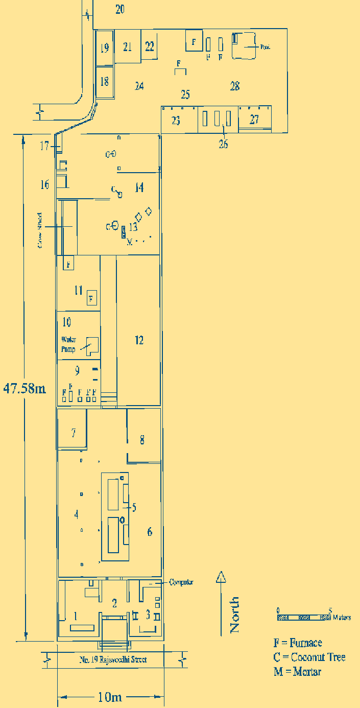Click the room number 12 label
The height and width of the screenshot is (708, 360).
tap(139, 340)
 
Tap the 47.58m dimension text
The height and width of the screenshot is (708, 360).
tap(25, 388)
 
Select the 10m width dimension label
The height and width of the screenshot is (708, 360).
tap(109, 697)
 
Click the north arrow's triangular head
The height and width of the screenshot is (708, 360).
tap(221, 577)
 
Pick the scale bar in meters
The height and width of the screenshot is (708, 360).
tap(304, 617)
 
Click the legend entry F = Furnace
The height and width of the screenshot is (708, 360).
tap(298, 643)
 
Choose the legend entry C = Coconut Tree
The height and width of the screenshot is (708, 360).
tap(309, 657)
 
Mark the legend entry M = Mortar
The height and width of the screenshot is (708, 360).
tap(297, 672)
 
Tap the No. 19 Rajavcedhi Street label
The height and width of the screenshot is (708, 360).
tap(113, 659)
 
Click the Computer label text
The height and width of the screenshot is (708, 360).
tap(181, 582)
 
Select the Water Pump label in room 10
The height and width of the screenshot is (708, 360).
tap(68, 344)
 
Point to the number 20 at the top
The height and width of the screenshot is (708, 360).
tap(119, 9)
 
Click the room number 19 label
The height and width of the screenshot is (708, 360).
tap(104, 49)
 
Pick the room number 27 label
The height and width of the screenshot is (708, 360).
tap(254, 120)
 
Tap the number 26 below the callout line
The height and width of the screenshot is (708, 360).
tap(223, 144)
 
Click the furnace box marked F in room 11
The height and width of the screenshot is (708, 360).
tap(91, 298)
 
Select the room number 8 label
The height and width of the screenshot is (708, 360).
tap(142, 440)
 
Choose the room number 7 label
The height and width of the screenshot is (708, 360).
tap(74, 433)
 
